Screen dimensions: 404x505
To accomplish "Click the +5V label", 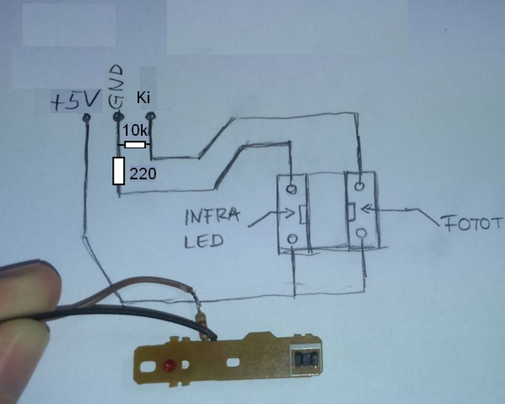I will pyautogui.click(x=75, y=101).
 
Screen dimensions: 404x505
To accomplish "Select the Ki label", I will pyautogui.click(x=144, y=97).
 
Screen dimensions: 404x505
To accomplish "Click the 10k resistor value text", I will pyautogui.click(x=135, y=130).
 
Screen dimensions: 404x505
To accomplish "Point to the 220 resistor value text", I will pyautogui.click(x=142, y=174).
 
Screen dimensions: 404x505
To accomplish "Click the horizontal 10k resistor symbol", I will pyautogui.click(x=135, y=145).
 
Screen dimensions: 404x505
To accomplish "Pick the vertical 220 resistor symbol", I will pyautogui.click(x=119, y=170).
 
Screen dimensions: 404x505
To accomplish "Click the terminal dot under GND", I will pyautogui.click(x=118, y=116).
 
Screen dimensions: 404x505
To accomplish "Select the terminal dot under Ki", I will pyautogui.click(x=150, y=116).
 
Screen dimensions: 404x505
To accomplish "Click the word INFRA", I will pyautogui.click(x=212, y=217).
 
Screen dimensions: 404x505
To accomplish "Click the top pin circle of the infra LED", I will pyautogui.click(x=292, y=189).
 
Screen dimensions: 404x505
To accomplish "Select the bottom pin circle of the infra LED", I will pyautogui.click(x=292, y=238).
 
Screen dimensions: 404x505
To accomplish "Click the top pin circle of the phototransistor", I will pyautogui.click(x=359, y=186).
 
